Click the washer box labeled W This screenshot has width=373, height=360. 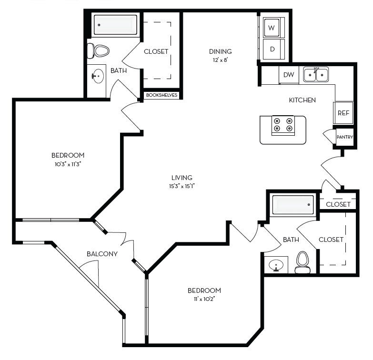272,28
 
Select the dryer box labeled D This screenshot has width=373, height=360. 272,49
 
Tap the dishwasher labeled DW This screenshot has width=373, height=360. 289,75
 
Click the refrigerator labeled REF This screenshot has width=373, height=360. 343,113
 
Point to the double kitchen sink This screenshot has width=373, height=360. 316,75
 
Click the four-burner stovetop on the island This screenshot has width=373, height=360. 282,125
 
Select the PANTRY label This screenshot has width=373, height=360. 344,137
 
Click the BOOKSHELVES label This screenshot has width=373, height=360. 162,95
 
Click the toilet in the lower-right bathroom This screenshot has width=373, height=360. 302,262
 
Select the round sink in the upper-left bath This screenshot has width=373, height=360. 99,75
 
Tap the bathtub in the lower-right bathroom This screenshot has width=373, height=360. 292,205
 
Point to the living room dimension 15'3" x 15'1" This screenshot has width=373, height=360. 181,186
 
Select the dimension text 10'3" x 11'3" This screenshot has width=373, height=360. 68,164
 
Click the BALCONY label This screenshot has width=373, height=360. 102,254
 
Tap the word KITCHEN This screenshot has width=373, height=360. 302,100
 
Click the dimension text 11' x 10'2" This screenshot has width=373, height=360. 204,300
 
